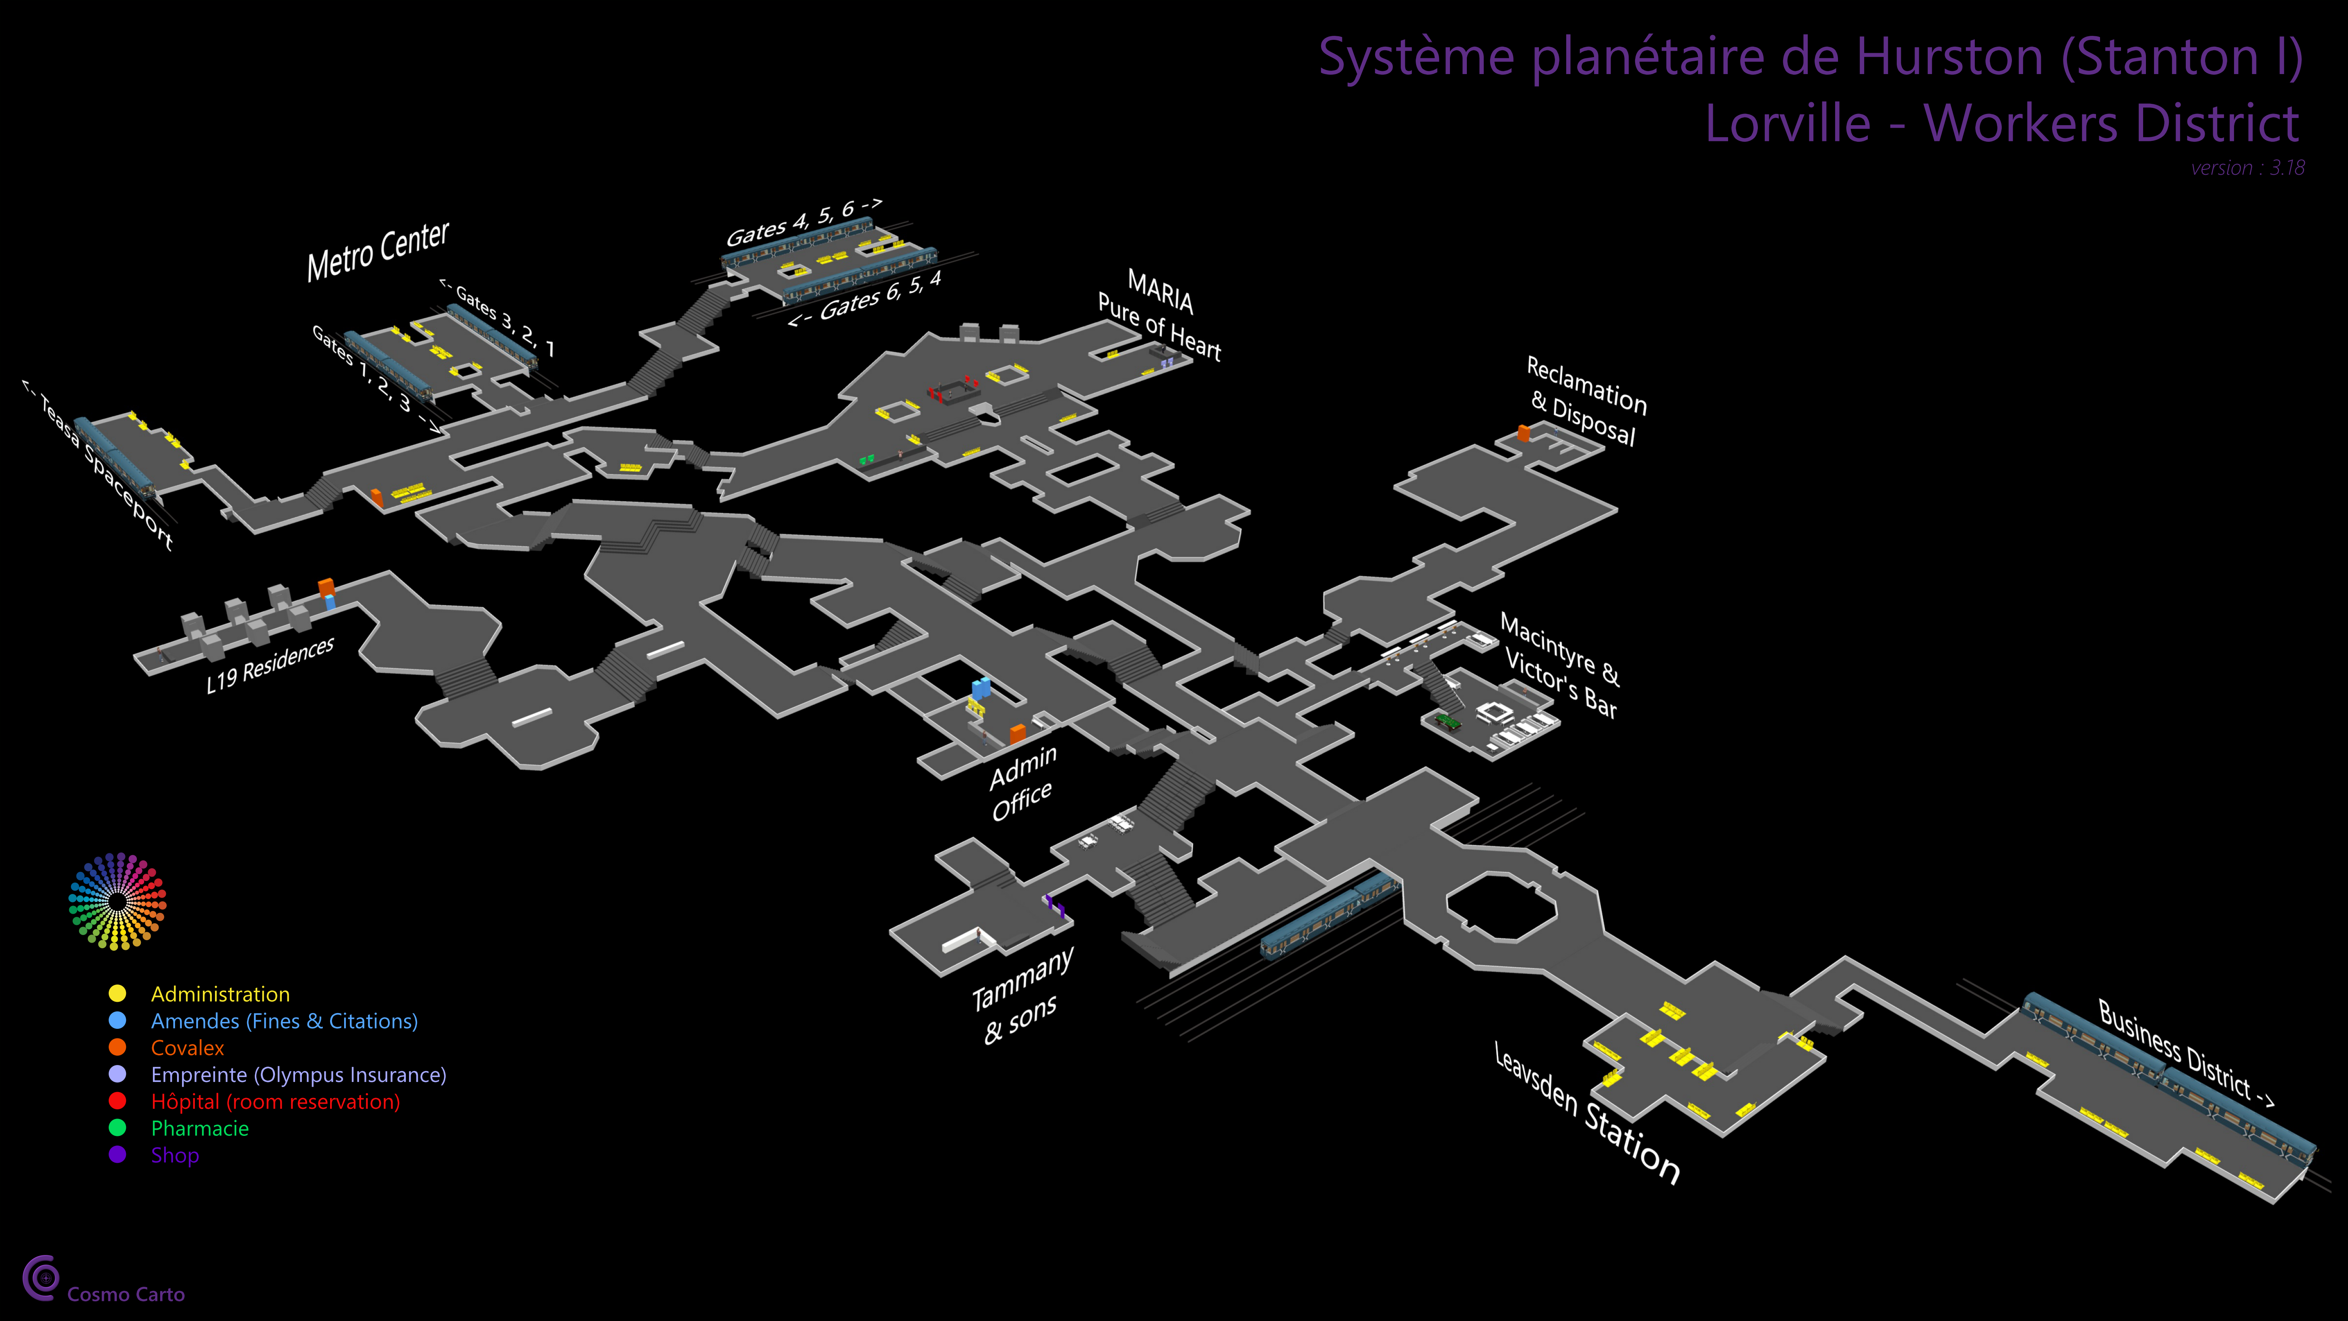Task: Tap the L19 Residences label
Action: (x=270, y=665)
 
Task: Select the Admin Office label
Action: (x=1023, y=782)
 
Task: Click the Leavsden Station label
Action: (x=1586, y=1112)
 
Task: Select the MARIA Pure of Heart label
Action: (x=1159, y=314)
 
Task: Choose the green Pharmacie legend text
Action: (x=200, y=1129)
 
